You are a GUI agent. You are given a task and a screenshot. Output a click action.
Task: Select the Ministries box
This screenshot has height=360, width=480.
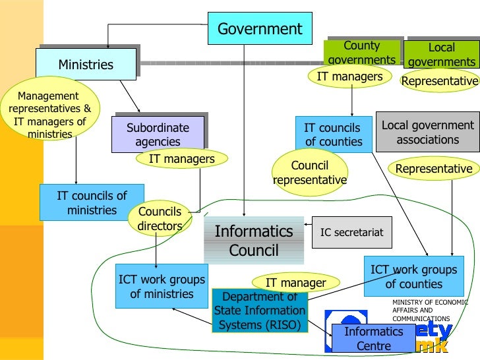(86, 65)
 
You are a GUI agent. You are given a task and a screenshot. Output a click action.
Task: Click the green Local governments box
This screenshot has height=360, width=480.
(441, 55)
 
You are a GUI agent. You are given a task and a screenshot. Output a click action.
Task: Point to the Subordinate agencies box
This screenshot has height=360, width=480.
(158, 135)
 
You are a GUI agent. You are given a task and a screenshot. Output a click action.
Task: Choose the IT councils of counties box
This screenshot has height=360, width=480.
(333, 135)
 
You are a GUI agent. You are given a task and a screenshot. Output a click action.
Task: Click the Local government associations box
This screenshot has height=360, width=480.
(428, 133)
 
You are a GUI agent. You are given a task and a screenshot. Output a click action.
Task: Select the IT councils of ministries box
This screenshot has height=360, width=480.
(92, 202)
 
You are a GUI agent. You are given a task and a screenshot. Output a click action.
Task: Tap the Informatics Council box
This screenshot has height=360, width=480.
(254, 241)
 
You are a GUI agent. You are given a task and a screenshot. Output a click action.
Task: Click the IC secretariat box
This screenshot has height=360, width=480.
(351, 232)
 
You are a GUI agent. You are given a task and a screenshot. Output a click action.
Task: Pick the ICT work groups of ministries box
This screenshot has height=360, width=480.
(162, 287)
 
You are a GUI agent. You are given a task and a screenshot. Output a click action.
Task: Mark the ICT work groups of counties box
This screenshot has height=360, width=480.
(413, 277)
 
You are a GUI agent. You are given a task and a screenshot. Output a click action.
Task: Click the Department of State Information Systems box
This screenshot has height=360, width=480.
(259, 311)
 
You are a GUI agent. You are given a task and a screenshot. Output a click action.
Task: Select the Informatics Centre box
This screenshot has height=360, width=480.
(373, 339)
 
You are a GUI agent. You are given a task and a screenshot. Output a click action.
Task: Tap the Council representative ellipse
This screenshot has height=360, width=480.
(309, 172)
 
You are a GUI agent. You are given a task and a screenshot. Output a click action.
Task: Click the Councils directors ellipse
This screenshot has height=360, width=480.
(160, 219)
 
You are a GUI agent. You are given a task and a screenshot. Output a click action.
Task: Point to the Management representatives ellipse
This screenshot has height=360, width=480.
(50, 115)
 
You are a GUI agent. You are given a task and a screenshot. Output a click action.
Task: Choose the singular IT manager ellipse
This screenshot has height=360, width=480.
(295, 283)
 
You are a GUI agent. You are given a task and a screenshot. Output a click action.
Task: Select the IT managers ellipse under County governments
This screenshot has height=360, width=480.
(349, 76)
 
